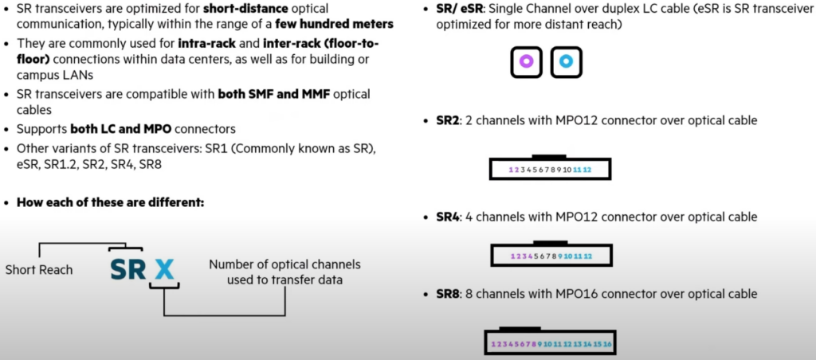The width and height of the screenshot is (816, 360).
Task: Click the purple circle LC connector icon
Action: (526, 61)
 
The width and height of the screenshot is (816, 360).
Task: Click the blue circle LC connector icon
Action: (567, 61)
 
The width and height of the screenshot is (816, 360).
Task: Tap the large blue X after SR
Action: (164, 268)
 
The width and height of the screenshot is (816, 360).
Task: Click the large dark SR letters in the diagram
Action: (127, 268)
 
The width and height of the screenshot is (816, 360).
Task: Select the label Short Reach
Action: (39, 269)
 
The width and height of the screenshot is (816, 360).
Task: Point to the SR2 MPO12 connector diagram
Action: (550, 169)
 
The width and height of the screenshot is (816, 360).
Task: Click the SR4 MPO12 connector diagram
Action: (550, 255)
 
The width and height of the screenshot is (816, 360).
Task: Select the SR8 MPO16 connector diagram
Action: (551, 342)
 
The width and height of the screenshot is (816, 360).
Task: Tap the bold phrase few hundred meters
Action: (347, 24)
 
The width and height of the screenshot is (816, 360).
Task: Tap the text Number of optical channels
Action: (285, 264)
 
